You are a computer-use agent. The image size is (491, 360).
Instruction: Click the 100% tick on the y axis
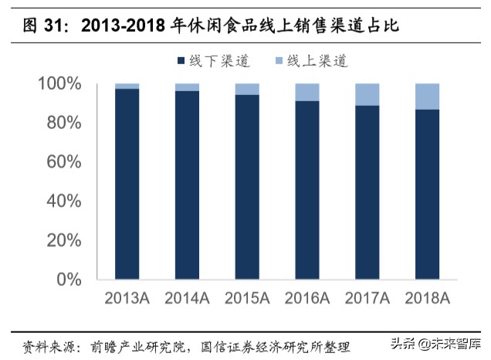[59, 83]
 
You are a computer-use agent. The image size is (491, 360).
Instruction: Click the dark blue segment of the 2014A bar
[187, 185]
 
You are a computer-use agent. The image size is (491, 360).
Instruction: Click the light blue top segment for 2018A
[428, 96]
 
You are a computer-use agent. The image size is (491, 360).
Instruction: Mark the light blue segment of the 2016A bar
[307, 92]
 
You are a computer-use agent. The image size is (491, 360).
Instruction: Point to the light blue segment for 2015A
[247, 89]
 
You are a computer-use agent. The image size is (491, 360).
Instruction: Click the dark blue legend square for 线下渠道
[181, 60]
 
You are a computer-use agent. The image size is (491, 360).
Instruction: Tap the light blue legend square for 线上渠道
[279, 60]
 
